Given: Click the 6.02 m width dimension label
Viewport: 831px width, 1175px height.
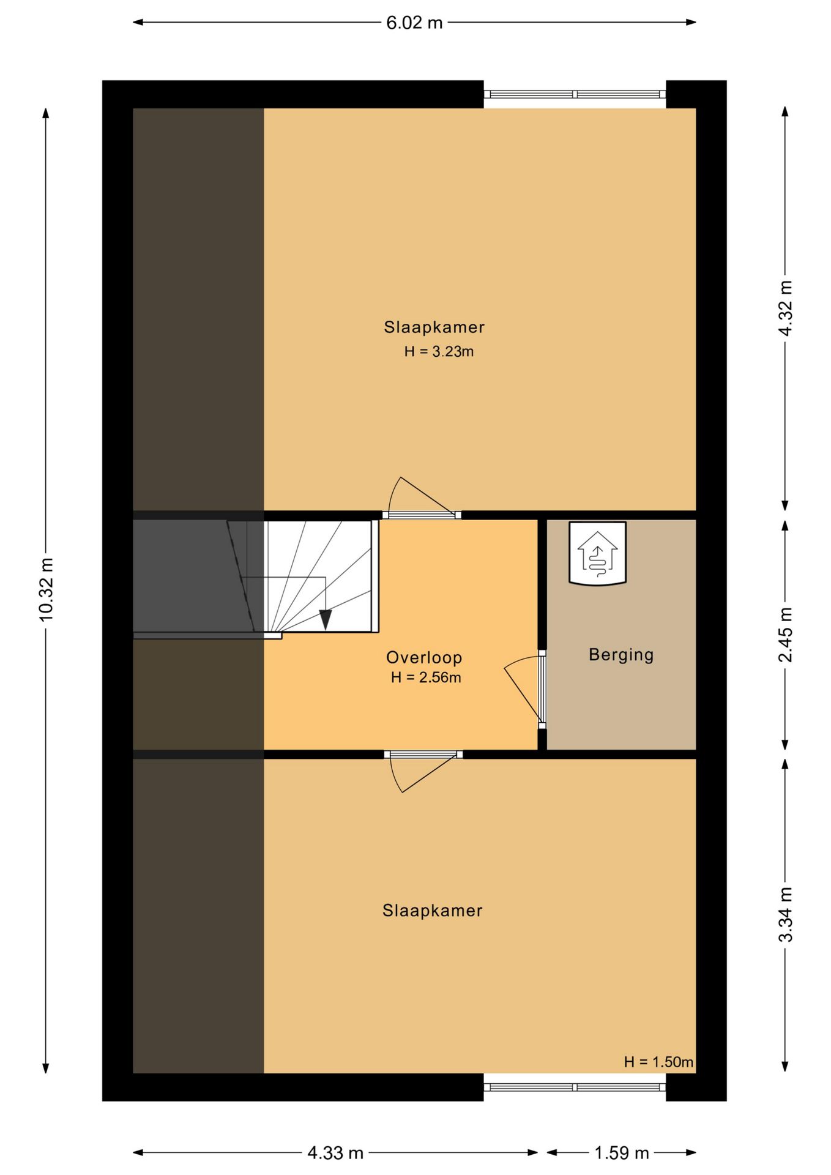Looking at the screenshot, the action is point(414,23).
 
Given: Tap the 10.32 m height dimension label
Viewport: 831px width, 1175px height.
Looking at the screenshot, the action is point(47,589).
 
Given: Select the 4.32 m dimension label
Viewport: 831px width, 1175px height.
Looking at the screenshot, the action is point(785,308).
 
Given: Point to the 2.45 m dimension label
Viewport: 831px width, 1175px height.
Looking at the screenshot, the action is point(785,635).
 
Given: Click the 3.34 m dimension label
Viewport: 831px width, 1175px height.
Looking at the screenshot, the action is point(785,914).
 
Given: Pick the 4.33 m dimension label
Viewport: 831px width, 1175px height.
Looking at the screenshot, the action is point(335,1153).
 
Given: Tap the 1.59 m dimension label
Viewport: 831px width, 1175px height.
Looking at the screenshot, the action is point(622,1153).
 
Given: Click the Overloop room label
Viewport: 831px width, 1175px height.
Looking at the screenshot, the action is point(424,657).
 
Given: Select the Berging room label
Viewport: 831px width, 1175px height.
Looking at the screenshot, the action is point(621,655).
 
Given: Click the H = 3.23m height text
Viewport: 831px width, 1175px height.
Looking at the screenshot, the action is point(439,351).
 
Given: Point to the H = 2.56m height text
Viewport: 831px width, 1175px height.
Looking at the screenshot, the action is point(426,677).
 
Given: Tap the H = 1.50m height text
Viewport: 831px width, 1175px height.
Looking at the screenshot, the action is point(658,1062).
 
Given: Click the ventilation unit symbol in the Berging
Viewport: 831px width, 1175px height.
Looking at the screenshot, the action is point(598,553).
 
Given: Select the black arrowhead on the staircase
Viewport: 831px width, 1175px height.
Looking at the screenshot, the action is point(326,620).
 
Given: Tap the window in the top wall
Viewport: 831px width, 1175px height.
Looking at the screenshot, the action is point(575,94).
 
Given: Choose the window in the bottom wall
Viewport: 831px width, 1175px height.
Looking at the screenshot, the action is point(575,1087).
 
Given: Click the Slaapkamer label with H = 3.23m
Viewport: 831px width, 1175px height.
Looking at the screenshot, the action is point(434,327).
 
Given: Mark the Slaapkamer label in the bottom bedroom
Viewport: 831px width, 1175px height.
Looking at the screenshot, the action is point(433,910).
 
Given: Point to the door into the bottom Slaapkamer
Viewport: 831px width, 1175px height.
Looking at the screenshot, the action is point(423,771).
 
